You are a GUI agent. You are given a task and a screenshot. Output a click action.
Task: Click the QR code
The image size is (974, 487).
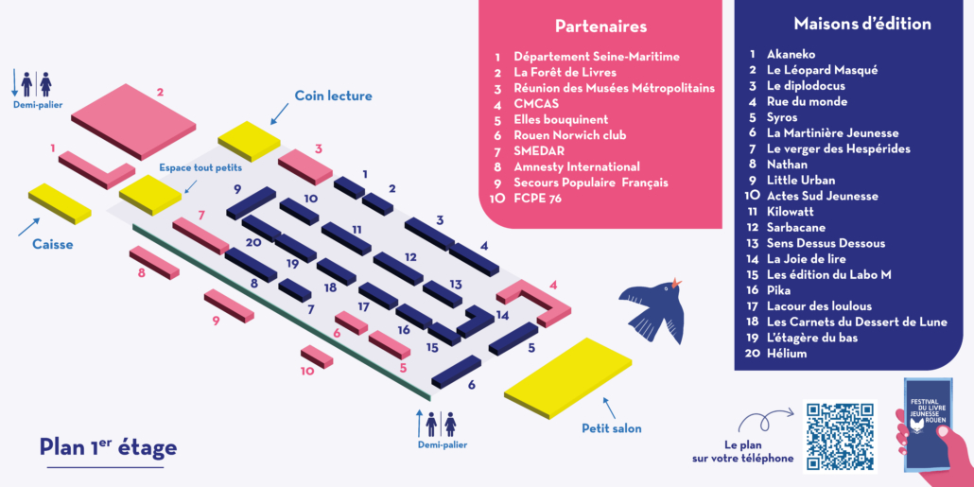(840, 436)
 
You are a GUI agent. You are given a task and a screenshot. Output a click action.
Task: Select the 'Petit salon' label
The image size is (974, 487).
(611, 428)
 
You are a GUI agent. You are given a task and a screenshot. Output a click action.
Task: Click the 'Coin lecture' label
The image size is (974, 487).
(333, 96)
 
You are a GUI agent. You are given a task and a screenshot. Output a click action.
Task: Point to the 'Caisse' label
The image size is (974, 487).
(52, 244)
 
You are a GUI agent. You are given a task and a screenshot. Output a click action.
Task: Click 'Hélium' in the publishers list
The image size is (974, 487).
(787, 353)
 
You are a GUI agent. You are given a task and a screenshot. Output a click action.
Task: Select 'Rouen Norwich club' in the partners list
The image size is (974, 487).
(569, 135)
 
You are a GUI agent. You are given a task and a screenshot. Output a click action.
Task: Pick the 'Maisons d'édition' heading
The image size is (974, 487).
(862, 24)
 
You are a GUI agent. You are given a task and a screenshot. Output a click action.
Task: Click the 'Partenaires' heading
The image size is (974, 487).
(600, 26)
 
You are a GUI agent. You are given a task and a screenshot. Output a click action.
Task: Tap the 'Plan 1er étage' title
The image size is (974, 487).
(108, 447)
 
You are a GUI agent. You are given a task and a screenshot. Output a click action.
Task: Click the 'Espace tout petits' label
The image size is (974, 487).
(199, 167)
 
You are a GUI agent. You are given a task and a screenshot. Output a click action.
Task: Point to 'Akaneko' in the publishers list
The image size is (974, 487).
(791, 54)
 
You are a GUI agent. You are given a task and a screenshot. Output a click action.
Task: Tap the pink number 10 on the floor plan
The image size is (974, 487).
(307, 371)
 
